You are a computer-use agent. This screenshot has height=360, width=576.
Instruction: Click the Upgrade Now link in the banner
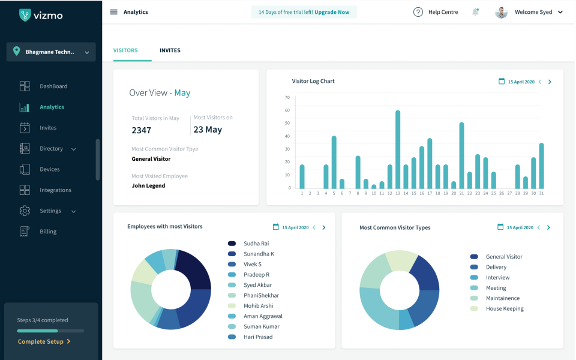point(332,12)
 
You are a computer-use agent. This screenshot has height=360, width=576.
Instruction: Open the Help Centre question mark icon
point(418,12)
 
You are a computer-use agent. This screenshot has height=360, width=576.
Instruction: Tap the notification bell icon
point(475,12)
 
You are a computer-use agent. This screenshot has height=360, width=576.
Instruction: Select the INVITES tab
point(170,50)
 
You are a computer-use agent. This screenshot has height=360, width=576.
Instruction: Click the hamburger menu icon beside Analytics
point(114,12)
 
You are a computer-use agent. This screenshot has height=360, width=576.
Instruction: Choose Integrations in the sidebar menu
point(55,190)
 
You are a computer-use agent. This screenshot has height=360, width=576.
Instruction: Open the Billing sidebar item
point(48,232)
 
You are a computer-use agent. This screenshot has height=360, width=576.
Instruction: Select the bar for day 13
point(398,149)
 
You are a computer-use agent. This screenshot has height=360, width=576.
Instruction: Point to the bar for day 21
point(461,155)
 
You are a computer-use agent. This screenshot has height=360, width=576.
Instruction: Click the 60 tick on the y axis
point(287,110)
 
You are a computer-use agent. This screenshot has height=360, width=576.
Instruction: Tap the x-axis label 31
point(541,193)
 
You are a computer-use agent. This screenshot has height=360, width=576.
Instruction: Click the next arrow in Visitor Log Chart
point(550,82)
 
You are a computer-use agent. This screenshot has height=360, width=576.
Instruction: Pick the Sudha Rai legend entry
point(256,244)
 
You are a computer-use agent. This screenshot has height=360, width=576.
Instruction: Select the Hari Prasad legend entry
point(258,337)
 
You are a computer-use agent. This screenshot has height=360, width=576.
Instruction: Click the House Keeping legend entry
point(505,309)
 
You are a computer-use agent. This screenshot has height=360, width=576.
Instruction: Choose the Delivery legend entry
point(496,267)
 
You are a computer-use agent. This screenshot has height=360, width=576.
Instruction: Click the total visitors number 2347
point(142,130)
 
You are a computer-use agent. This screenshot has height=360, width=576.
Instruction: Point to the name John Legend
point(148,186)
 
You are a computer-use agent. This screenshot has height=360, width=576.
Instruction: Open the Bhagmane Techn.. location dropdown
point(51,52)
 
